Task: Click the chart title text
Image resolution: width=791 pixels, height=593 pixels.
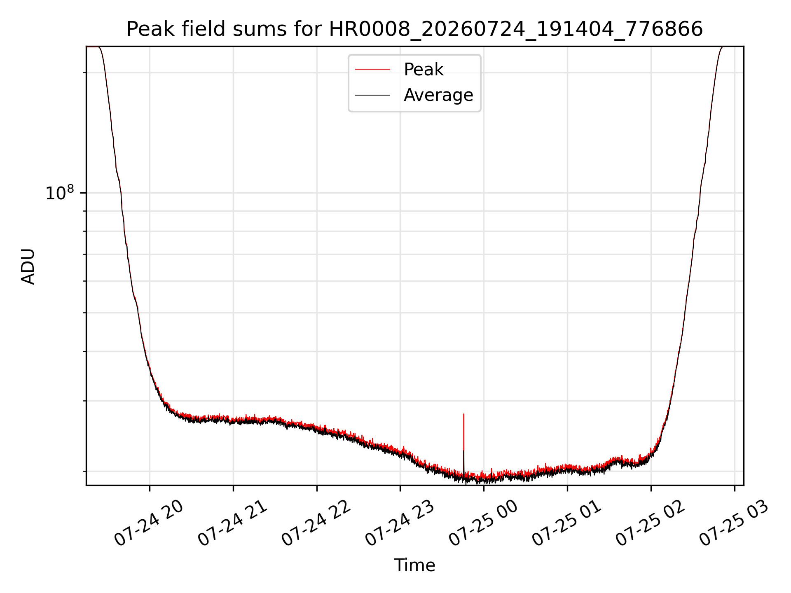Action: [x=414, y=29]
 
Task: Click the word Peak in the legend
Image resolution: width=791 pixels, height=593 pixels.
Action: [x=424, y=70]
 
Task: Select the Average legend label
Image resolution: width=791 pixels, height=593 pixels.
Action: [x=438, y=95]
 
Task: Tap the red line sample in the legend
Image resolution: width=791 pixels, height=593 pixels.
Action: [x=372, y=70]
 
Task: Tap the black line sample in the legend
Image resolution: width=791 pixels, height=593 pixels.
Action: [x=372, y=95]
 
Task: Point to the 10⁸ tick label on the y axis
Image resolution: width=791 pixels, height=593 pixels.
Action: [x=60, y=193]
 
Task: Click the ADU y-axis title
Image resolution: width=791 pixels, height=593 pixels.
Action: [x=28, y=266]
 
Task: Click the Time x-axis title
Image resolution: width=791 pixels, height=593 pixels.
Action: [x=414, y=565]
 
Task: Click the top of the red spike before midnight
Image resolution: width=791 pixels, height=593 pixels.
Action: [x=464, y=414]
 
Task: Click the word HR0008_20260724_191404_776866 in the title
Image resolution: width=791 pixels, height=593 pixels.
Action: [x=516, y=30]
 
